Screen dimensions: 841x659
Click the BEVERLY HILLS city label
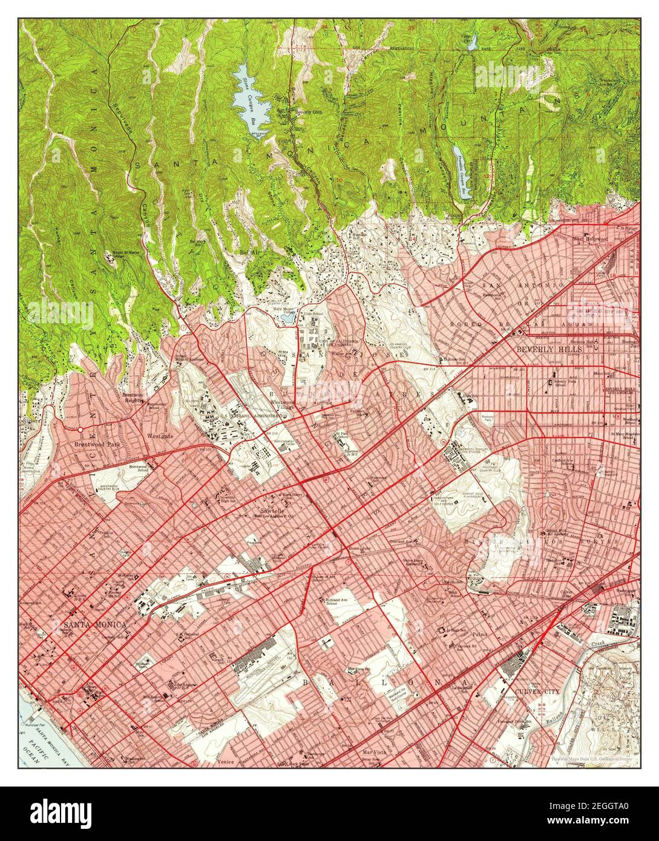coord(549,350)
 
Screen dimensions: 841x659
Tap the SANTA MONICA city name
coord(95,624)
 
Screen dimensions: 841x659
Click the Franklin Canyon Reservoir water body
coord(464,167)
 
